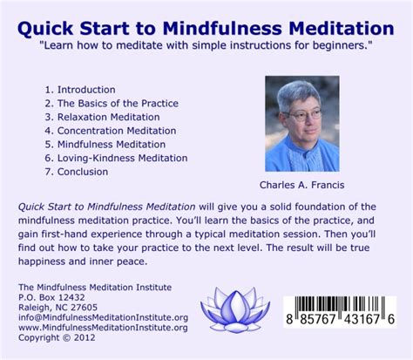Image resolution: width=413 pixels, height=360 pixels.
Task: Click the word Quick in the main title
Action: [45, 29]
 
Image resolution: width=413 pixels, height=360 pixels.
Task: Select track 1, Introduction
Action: [80, 90]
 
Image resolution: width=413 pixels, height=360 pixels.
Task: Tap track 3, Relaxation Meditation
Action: [102, 117]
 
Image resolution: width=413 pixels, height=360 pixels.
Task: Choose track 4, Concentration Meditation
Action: [111, 131]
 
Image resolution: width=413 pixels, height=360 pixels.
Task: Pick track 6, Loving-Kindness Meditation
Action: [116, 158]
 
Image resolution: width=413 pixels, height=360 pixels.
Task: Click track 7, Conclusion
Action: [77, 172]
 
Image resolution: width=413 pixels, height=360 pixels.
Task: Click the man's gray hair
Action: [298, 94]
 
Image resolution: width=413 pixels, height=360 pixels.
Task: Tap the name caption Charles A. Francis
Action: [302, 185]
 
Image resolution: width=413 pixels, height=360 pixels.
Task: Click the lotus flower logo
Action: [235, 309]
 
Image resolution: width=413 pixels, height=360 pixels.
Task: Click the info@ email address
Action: [103, 317]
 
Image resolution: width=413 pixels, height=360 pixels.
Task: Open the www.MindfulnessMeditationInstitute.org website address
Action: [103, 328]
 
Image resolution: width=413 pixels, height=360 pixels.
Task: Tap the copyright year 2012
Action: [85, 337]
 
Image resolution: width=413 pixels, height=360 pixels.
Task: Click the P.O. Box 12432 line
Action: [51, 297]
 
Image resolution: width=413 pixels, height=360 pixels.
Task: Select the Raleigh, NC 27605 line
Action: [58, 308]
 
